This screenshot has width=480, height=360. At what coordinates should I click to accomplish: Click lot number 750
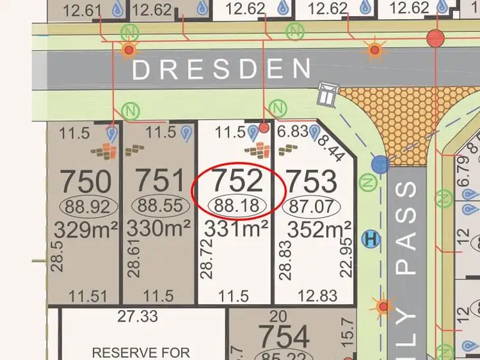85,182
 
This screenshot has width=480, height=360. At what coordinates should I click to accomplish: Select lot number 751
160,182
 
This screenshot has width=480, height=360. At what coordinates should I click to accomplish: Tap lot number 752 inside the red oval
237,181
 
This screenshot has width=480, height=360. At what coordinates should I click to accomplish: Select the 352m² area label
319,229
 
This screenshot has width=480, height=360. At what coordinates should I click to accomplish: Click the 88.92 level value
88,206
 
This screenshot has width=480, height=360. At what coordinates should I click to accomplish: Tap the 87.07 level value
312,206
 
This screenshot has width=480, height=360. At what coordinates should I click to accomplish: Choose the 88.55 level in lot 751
161,206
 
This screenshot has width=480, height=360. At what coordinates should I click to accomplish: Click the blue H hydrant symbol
369,240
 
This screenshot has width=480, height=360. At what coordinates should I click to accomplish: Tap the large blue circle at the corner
380,164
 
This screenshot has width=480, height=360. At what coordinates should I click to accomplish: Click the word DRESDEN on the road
221,69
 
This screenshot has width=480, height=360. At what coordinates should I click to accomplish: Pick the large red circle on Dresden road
436,38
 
